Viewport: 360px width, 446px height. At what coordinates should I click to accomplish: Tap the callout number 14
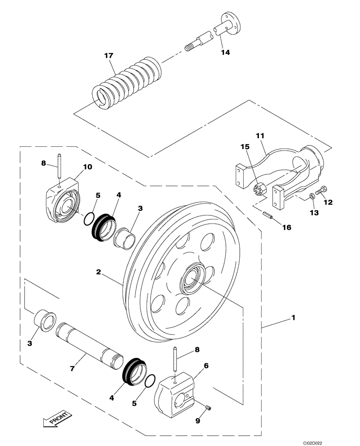tap(225, 52)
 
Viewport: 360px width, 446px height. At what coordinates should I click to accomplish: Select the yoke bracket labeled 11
tap(285, 169)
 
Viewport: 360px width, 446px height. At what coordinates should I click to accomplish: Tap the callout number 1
tap(293, 318)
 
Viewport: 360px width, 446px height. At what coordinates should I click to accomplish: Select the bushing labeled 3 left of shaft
tap(45, 319)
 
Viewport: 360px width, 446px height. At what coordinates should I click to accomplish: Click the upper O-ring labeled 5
tap(89, 218)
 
